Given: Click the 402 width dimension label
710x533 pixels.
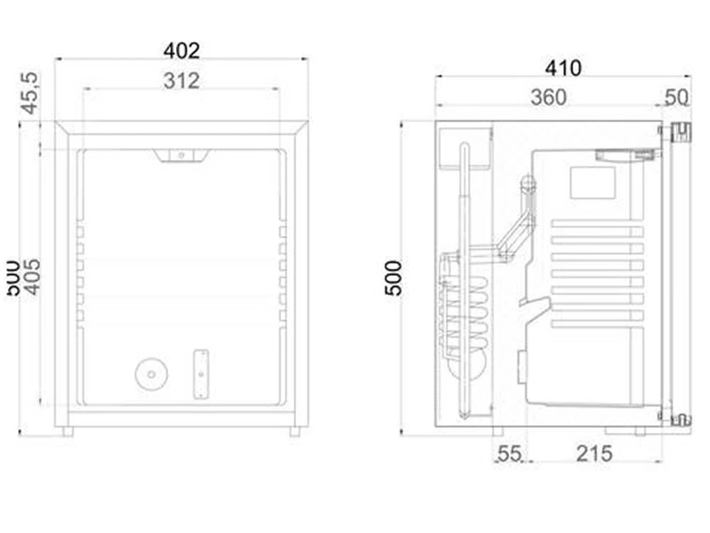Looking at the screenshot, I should pyautogui.click(x=182, y=50).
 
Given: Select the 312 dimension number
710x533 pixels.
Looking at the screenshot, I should pyautogui.click(x=182, y=81).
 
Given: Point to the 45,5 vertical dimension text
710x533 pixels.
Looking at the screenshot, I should pyautogui.click(x=28, y=92).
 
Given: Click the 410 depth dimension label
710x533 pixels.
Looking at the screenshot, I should pyautogui.click(x=563, y=68).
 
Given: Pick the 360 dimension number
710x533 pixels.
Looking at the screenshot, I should pyautogui.click(x=549, y=97).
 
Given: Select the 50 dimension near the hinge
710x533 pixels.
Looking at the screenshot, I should pyautogui.click(x=677, y=97).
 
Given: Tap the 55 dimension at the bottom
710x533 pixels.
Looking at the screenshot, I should pyautogui.click(x=509, y=453).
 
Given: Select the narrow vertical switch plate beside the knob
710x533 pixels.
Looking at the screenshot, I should pyautogui.click(x=202, y=374).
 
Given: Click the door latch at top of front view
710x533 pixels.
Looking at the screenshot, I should pyautogui.click(x=182, y=154).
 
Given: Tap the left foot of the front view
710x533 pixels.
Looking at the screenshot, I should pyautogui.click(x=67, y=431).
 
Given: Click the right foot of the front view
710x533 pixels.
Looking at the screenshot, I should pyautogui.click(x=295, y=431).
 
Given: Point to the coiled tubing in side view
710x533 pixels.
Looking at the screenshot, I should pyautogui.click(x=465, y=313).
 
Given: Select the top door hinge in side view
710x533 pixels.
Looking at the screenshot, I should pyautogui.click(x=680, y=132).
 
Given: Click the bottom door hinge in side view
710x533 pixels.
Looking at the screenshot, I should pyautogui.click(x=680, y=420).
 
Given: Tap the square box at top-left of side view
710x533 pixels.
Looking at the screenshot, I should pyautogui.click(x=465, y=148).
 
